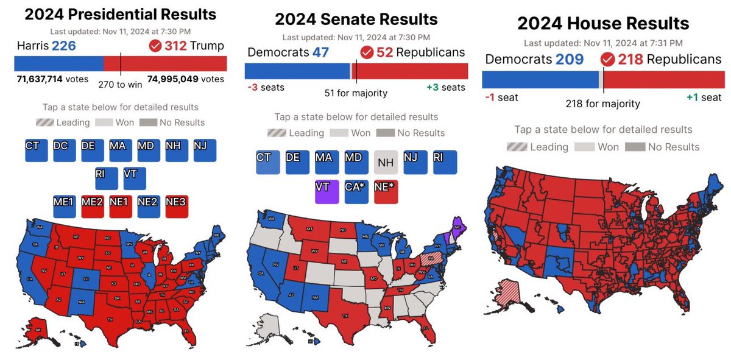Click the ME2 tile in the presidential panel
click(93, 206)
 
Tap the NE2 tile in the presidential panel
click(149, 206)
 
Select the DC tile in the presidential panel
click(65, 150)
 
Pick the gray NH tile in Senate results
click(386, 163)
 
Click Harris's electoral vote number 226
click(64, 46)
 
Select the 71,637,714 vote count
click(43, 79)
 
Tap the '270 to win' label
click(120, 84)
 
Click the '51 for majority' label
click(356, 93)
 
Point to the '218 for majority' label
click(603, 104)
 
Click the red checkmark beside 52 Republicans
click(367, 52)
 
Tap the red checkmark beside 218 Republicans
click(607, 60)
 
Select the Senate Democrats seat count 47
click(320, 52)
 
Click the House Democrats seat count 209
click(569, 60)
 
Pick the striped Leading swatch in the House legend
click(517, 147)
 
